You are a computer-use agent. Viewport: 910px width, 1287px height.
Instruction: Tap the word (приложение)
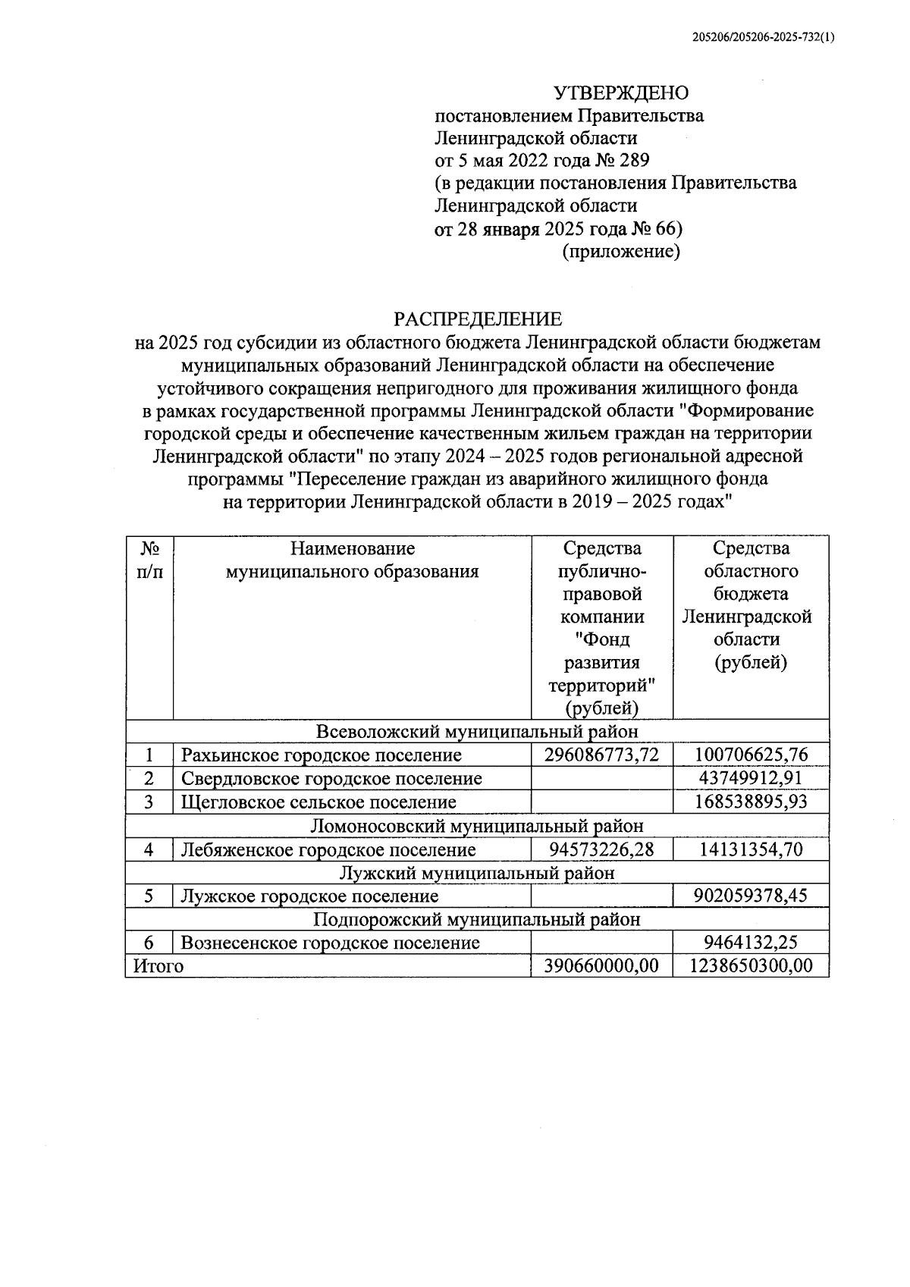coord(620,251)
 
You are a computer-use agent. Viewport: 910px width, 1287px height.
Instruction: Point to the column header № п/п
coord(149,560)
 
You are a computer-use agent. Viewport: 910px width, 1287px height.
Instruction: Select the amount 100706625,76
coord(751,755)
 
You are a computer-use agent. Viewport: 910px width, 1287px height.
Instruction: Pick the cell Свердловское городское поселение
coord(331,779)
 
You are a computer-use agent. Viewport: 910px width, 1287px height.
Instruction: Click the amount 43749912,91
coord(751,779)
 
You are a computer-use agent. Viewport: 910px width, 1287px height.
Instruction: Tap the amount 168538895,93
coord(751,802)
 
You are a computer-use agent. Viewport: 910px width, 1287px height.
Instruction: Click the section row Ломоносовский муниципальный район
coord(477,826)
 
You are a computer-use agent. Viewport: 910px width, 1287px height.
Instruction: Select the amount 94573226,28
coord(602,850)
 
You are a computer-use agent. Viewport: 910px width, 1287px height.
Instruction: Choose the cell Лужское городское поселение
coord(309,896)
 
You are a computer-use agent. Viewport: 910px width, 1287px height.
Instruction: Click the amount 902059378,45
coord(751,896)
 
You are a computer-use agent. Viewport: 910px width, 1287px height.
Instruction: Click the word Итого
coord(158,966)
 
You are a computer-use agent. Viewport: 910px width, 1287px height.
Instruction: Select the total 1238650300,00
coord(751,966)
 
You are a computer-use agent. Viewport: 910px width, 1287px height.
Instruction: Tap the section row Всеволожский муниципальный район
coord(477,732)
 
